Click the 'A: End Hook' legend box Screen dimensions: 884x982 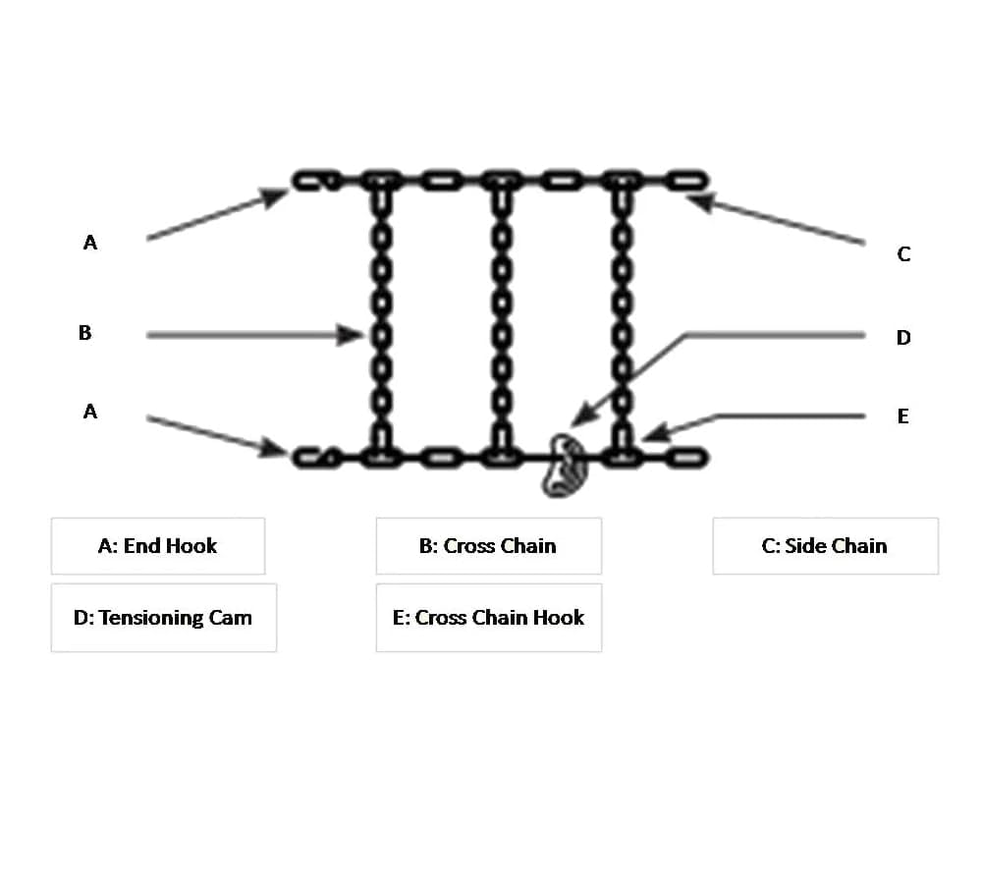click(x=157, y=546)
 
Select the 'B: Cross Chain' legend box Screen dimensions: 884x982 click(x=488, y=546)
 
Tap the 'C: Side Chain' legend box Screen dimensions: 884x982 click(x=825, y=546)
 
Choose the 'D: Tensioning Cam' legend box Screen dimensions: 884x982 click(x=163, y=618)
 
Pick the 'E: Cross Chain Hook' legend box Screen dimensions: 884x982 click(x=488, y=618)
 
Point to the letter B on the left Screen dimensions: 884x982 click(x=85, y=333)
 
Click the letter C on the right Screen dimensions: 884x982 click(x=903, y=254)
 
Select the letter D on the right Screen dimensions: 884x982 click(x=903, y=338)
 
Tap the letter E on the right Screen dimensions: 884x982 click(x=903, y=416)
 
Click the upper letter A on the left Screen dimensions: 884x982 click(x=90, y=243)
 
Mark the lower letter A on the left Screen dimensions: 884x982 click(x=90, y=412)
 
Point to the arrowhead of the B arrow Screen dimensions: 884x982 click(x=356, y=335)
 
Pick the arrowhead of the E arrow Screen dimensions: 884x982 click(x=654, y=432)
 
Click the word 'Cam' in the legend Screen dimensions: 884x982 click(x=231, y=618)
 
